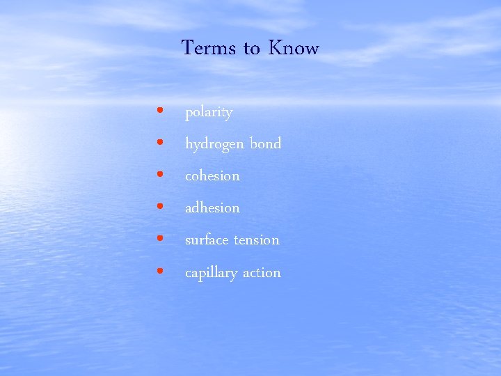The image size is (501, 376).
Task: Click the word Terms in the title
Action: coord(209,48)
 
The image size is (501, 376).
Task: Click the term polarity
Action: coord(209,113)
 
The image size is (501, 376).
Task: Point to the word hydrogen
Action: coord(214,145)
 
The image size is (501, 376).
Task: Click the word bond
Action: coord(265,143)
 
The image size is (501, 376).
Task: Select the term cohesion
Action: coord(212,175)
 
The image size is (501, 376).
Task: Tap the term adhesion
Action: coord(212,207)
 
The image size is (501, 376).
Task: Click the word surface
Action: coord(207,240)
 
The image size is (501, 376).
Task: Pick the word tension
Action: coord(256,240)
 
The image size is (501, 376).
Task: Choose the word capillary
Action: coord(211,273)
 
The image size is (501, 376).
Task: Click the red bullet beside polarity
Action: coord(161,110)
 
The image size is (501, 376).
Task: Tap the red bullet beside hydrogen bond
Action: coord(161,142)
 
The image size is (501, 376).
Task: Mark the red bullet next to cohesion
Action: coord(161,174)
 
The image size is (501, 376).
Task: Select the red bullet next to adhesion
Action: coord(161,206)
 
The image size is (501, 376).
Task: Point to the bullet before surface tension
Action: coord(161,238)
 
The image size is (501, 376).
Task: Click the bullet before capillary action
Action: coord(161,270)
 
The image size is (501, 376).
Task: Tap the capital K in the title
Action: coord(275,48)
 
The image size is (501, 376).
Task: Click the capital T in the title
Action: coord(187,47)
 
